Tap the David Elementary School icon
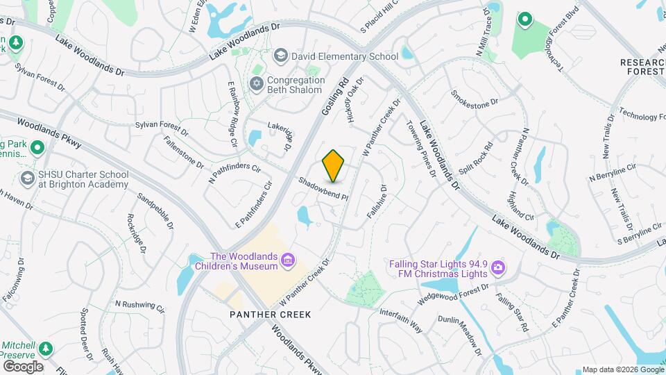coord(281,56)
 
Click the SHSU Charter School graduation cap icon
coord(28,178)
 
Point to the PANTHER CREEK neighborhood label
coord(271,315)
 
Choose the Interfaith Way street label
coord(401,318)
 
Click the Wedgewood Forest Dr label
coord(453,294)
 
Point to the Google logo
coord(23,366)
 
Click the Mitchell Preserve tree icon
coord(46,347)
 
